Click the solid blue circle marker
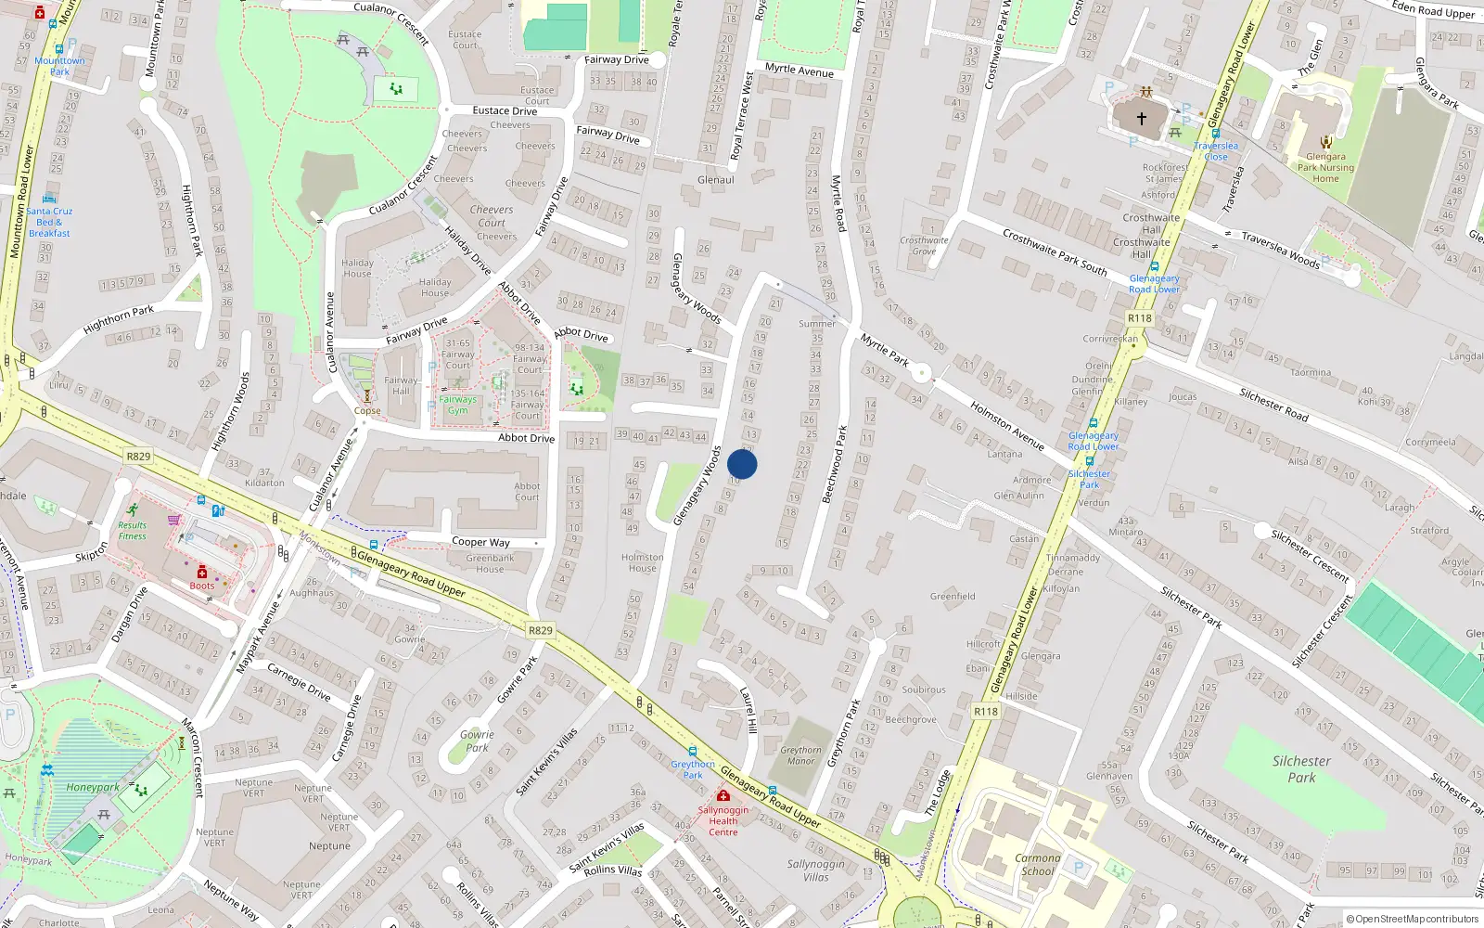pyautogui.click(x=742, y=464)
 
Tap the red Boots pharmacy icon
pyautogui.click(x=201, y=572)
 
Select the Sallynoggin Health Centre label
pyautogui.click(x=723, y=820)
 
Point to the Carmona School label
pyautogui.click(x=1037, y=864)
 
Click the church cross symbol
pyautogui.click(x=1142, y=118)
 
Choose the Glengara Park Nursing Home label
pyautogui.click(x=1325, y=167)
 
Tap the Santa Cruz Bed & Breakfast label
pyautogui.click(x=49, y=222)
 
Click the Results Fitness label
pyautogui.click(x=132, y=530)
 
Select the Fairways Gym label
pyautogui.click(x=457, y=405)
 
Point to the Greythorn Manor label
pyautogui.click(x=800, y=755)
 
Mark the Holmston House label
pyautogui.click(x=642, y=562)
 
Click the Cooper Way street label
pyautogui.click(x=480, y=542)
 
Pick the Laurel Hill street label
pyautogui.click(x=748, y=710)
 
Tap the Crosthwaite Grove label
pyautogui.click(x=924, y=246)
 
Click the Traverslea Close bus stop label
pyautogui.click(x=1215, y=150)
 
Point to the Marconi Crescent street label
pyautogui.click(x=192, y=757)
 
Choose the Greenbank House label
pyautogui.click(x=490, y=563)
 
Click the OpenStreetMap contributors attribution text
pyautogui.click(x=1413, y=919)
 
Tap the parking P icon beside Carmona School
pyautogui.click(x=1078, y=867)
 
